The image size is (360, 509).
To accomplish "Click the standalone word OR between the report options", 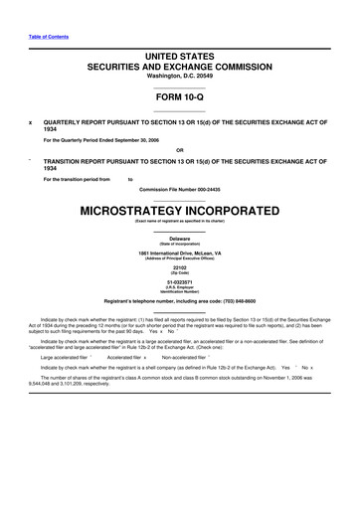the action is click(180, 152).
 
